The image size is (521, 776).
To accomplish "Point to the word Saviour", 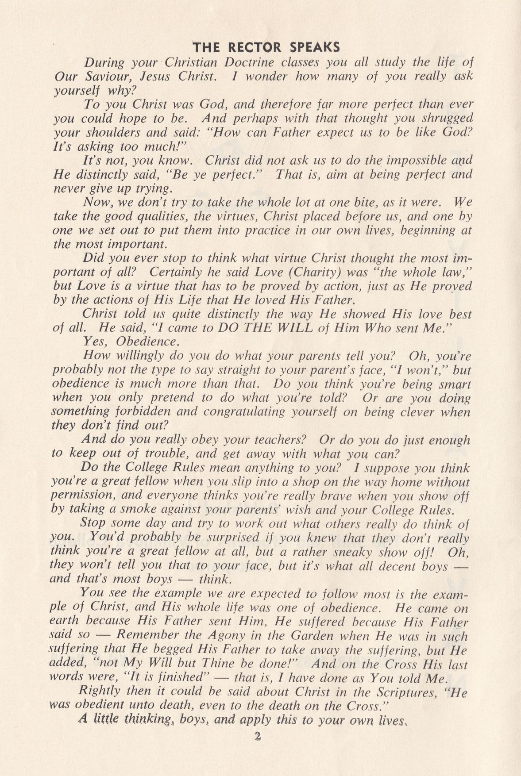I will (x=101, y=77).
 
